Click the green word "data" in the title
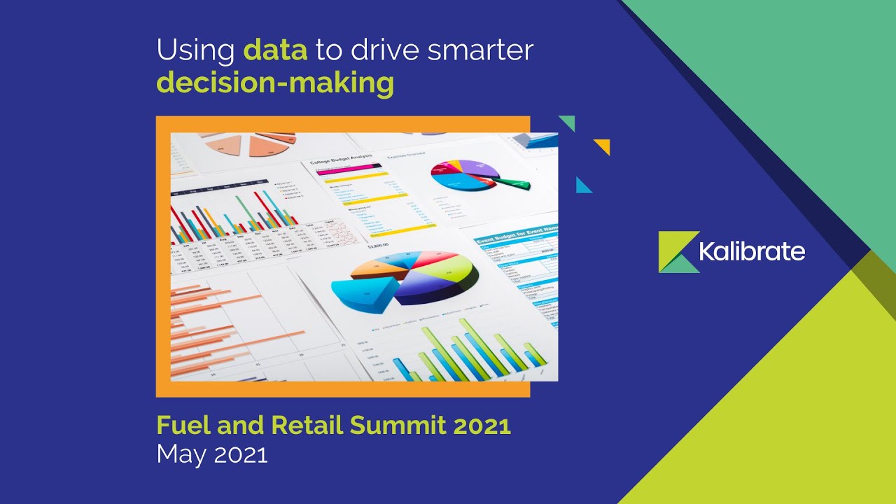pos(275,51)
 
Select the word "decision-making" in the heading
pos(275,83)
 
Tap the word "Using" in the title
pos(195,51)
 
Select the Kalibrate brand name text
pos(752,252)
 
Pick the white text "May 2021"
pos(212,454)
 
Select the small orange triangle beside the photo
pos(603,146)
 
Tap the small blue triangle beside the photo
pos(583,185)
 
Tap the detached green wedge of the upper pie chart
pos(512,185)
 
